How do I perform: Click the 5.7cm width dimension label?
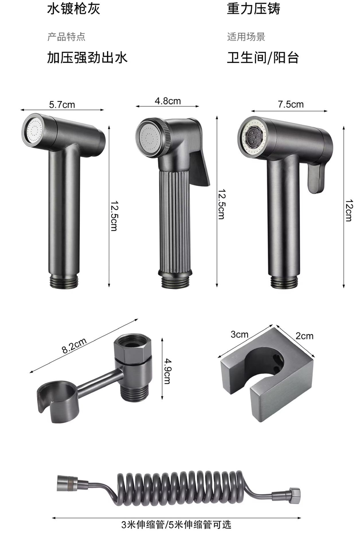62,105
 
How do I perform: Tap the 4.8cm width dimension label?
168,101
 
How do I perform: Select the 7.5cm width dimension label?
291,104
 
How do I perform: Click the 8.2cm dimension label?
74,346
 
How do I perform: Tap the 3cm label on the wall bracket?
240,335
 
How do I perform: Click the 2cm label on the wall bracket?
304,336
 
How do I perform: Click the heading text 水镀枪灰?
74,9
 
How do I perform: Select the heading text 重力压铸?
254,9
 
